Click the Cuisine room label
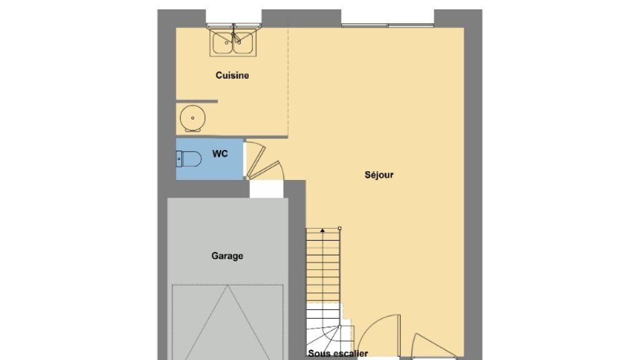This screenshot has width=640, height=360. [x=232, y=76]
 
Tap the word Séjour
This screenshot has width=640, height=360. [x=379, y=175]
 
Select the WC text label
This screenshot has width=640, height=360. [x=220, y=154]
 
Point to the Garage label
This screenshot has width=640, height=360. [x=227, y=256]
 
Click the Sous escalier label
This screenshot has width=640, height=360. [x=338, y=354]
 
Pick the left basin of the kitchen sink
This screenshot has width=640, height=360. [x=222, y=42]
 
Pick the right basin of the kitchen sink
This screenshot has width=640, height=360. [x=244, y=42]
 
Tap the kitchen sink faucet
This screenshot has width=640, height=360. [x=236, y=37]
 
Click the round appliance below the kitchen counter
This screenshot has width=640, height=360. [x=192, y=118]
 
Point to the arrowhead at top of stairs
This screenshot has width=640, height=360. [x=322, y=231]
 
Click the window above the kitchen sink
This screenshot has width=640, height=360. [x=234, y=25]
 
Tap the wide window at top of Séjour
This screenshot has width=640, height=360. [x=387, y=25]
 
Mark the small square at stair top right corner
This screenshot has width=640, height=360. [x=339, y=229]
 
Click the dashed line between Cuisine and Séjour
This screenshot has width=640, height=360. [x=288, y=82]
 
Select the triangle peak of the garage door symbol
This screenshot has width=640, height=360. [x=227, y=286]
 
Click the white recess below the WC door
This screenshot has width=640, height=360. [x=266, y=189]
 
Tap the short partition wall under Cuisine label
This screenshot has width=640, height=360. [x=197, y=101]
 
